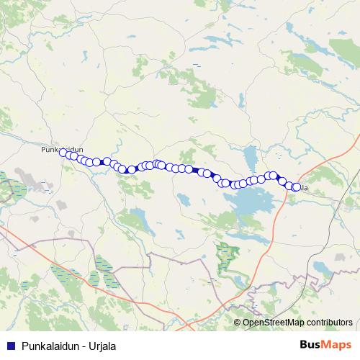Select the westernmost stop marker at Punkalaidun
(x=63, y=153)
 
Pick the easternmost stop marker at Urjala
(x=296, y=187)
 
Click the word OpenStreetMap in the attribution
(x=273, y=322)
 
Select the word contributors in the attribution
(x=328, y=322)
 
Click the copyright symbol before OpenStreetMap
(x=237, y=322)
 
